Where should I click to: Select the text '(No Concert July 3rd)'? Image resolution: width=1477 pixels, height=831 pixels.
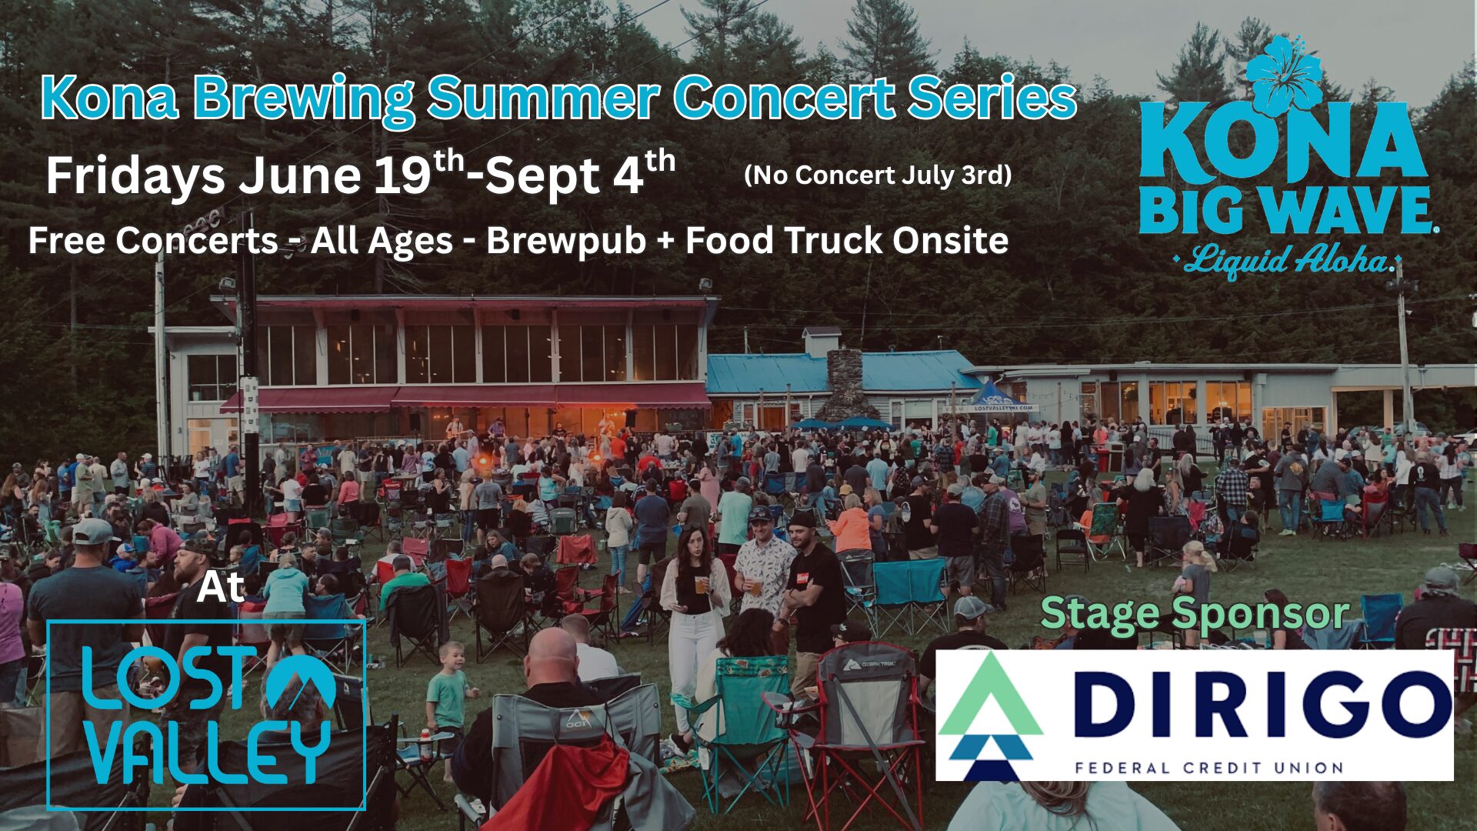click(878, 175)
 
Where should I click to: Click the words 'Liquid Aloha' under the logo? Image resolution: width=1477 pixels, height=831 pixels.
click(1289, 260)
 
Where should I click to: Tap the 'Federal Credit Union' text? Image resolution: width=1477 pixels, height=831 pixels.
click(1209, 767)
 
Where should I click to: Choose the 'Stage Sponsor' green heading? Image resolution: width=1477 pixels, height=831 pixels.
click(1195, 613)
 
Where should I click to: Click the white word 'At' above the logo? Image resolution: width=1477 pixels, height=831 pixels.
click(221, 587)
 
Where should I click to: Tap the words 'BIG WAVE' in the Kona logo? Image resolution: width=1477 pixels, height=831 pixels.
click(1284, 210)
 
